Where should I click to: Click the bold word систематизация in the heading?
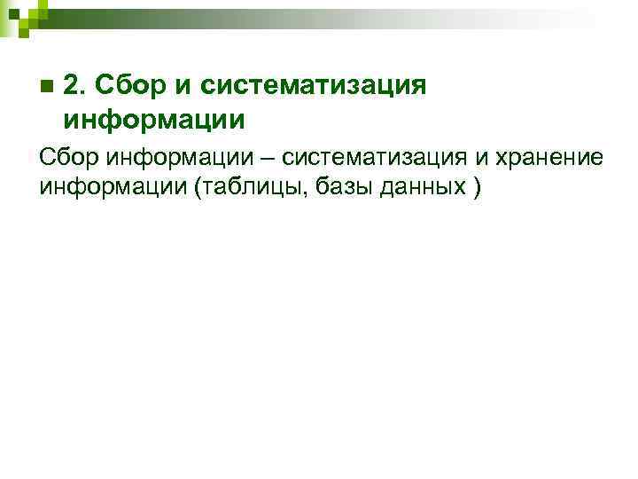(315, 87)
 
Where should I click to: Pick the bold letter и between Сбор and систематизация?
(187, 86)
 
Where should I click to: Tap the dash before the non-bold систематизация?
(267, 157)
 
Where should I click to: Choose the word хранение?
(550, 157)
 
